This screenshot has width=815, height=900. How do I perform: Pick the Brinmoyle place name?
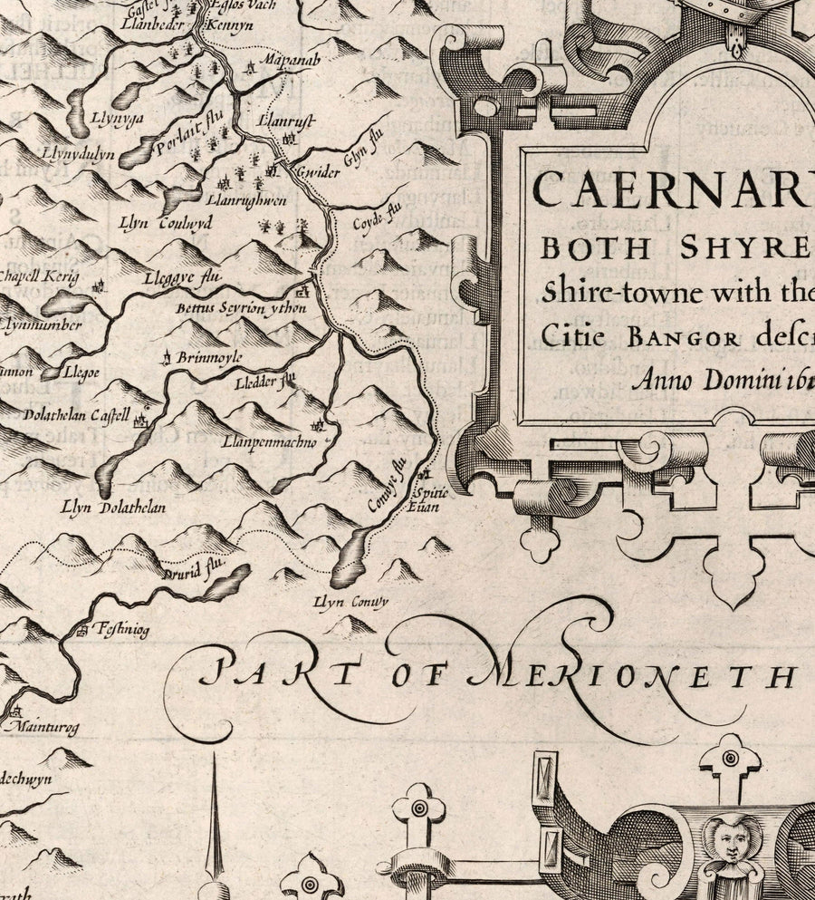click(x=208, y=358)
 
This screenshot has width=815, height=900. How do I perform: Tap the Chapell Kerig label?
click(x=40, y=276)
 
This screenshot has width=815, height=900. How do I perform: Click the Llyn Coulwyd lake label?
click(x=166, y=222)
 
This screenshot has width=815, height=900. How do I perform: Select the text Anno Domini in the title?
click(x=698, y=380)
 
